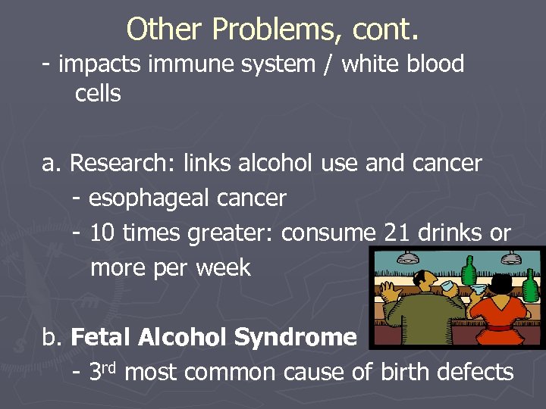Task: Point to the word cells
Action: pyautogui.click(x=98, y=94)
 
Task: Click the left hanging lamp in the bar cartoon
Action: pyautogui.click(x=409, y=258)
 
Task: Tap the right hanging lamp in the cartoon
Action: pyautogui.click(x=510, y=258)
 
